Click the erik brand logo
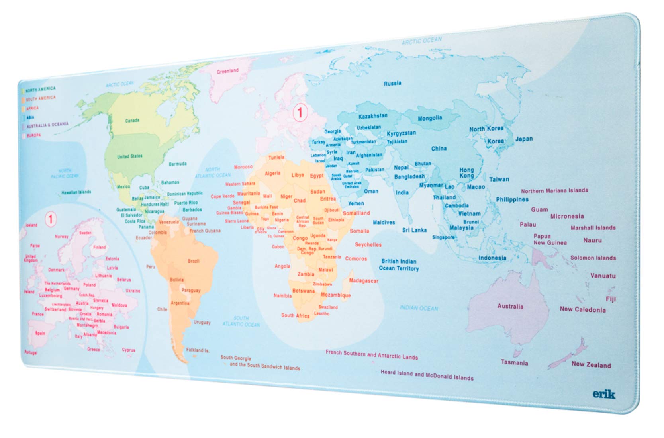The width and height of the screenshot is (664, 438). coord(603,394)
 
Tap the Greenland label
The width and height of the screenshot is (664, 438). coord(227,71)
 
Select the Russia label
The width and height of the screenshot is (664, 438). coord(392,84)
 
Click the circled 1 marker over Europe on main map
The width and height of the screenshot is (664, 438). coord(300,112)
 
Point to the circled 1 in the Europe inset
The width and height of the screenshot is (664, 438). coord(51,219)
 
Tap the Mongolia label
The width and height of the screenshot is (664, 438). coord(430,118)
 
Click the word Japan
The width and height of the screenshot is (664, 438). coord(524,139)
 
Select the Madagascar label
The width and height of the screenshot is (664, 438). coord(363,281)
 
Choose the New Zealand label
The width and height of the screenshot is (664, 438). coord(591,365)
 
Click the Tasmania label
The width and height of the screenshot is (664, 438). coord(514,363)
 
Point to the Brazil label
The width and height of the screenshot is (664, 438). coord(194,261)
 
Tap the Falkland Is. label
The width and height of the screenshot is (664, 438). coord(198,350)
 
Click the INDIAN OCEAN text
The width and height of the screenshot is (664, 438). coord(419,308)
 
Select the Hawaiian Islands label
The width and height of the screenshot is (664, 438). coord(76,192)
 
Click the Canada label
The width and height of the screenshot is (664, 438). coord(132,121)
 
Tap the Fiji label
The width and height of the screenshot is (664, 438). coord(611,299)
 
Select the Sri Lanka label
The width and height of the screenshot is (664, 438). coord(414,230)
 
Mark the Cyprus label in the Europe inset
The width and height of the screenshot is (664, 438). coord(128,350)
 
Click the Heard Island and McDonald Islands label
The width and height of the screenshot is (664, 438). coord(427,375)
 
